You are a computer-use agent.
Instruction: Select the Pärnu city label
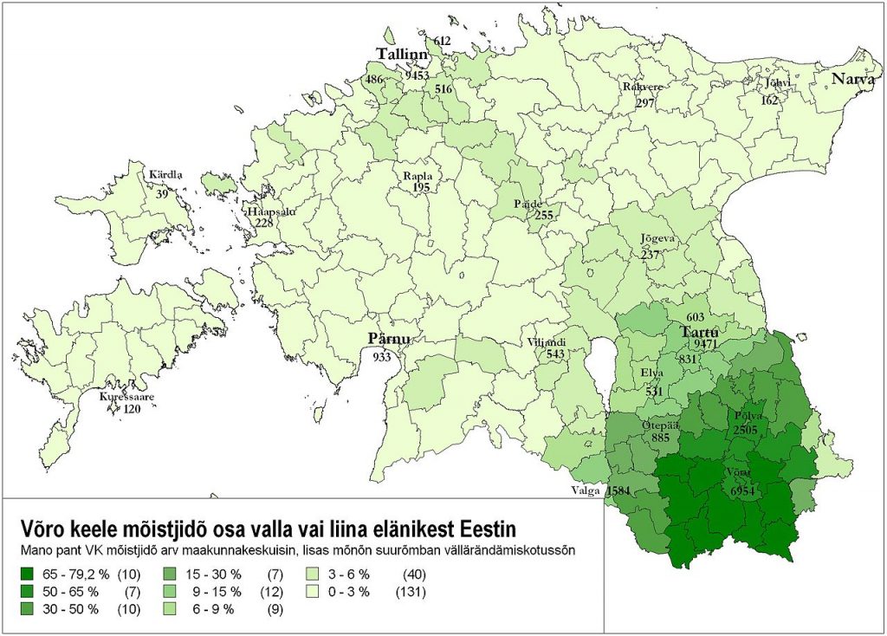[383, 339]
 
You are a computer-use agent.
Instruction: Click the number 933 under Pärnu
[382, 356]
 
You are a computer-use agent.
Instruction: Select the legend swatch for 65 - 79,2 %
[27, 574]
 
